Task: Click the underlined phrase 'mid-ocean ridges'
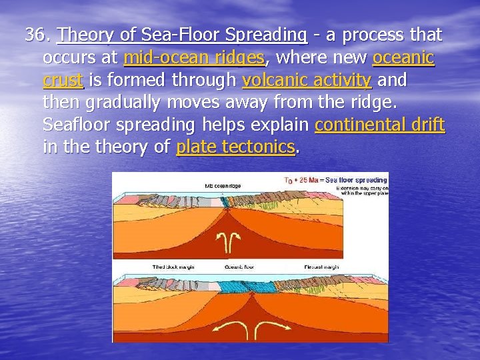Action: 194,58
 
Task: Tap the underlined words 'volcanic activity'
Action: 307,81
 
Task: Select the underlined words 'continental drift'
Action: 379,125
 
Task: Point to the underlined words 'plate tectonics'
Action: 235,147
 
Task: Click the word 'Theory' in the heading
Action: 81,35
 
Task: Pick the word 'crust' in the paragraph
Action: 63,81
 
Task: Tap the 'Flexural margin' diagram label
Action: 321,266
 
